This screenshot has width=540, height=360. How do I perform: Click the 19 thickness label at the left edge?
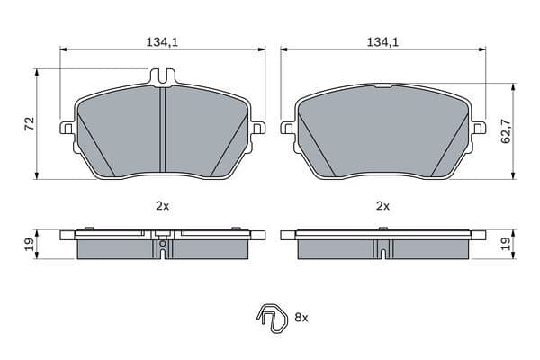[29, 244]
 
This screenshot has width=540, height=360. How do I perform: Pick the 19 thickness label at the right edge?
[506, 244]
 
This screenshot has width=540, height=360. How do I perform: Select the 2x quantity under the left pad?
[162, 206]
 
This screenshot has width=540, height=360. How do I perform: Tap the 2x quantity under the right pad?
[382, 206]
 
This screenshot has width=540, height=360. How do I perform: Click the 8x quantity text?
[301, 318]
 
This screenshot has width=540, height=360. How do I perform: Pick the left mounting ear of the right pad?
[287, 128]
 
